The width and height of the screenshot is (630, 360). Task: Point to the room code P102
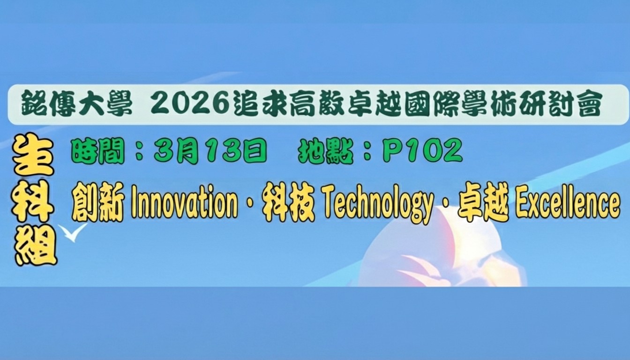tap(422, 151)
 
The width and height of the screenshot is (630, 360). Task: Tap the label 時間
tap(97, 151)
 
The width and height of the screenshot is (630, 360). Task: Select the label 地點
tap(325, 151)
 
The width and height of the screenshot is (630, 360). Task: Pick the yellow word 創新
tap(97, 205)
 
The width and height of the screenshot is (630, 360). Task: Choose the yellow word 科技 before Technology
tap(288, 205)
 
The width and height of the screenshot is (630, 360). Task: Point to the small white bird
tap(73, 232)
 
